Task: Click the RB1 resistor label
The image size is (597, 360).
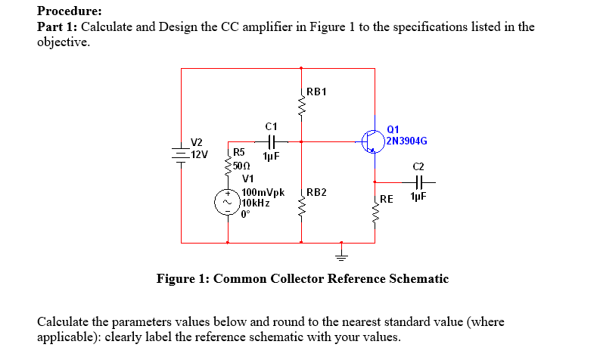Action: tap(316, 92)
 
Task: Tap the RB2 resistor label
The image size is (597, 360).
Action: tap(316, 193)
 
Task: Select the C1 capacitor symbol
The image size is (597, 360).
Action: tap(271, 141)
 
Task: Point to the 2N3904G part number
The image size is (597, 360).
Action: tap(406, 141)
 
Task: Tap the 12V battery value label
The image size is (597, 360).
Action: tap(199, 154)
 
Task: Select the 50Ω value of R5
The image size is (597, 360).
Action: tap(242, 166)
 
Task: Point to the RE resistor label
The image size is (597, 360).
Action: tap(387, 200)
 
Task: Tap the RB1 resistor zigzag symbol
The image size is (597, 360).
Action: tap(302, 110)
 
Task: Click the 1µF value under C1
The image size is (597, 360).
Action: tap(271, 156)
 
